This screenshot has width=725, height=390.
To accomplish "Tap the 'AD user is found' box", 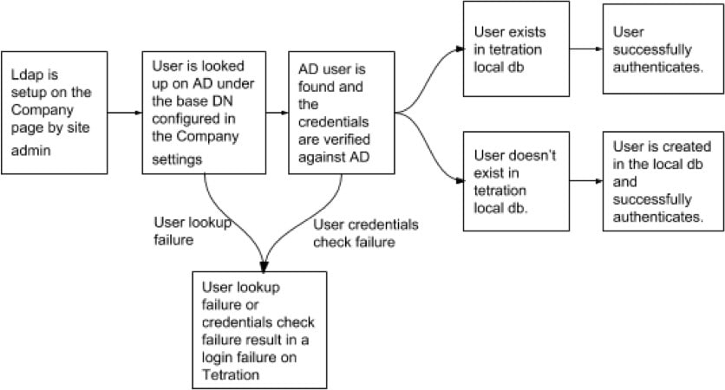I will tap(341, 112).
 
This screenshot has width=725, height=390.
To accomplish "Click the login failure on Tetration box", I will tap(259, 328).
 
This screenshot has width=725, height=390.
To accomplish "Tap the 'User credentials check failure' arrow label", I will tap(365, 233).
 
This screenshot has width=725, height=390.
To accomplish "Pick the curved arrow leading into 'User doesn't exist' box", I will tap(429, 152).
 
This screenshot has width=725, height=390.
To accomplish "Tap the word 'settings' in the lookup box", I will tap(180, 159).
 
